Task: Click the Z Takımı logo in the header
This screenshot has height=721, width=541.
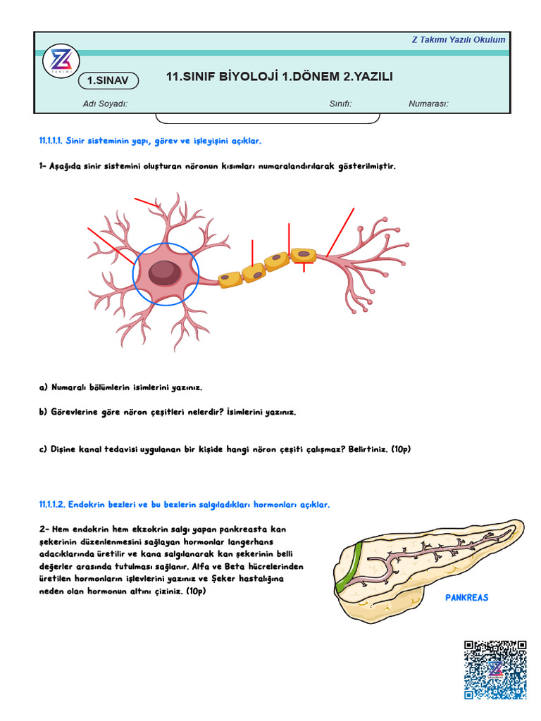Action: click(61, 61)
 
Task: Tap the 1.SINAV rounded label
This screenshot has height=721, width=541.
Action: click(108, 81)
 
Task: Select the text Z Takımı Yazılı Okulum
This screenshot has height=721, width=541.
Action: click(458, 39)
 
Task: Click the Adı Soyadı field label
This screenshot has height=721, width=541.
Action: click(105, 104)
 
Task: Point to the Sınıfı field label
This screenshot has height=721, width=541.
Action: click(340, 104)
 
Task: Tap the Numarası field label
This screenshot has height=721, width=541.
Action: click(428, 104)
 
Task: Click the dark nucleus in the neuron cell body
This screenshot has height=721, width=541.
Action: click(163, 272)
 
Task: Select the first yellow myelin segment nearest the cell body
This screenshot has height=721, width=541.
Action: click(230, 280)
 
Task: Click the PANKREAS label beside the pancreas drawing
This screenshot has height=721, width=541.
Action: click(466, 597)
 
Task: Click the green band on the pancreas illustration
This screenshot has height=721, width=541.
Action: click(348, 568)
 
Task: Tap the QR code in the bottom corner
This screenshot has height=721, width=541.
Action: click(495, 670)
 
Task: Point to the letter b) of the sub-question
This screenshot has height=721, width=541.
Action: click(44, 412)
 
